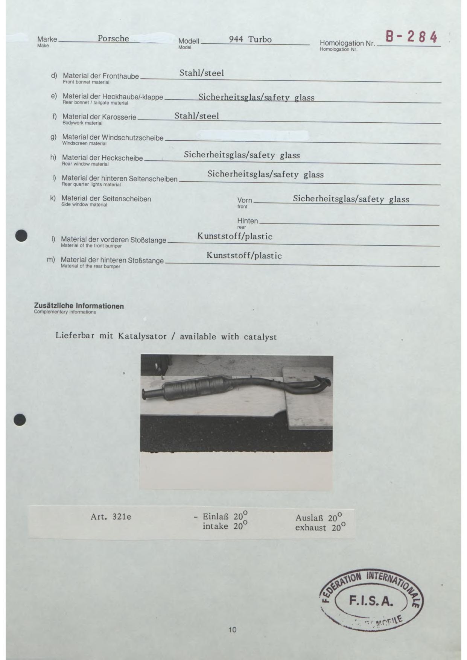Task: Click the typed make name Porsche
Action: pyautogui.click(x=113, y=38)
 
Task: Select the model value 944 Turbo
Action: pyautogui.click(x=250, y=39)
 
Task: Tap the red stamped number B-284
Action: pyautogui.click(x=411, y=37)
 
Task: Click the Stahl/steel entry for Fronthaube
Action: pyautogui.click(x=201, y=73)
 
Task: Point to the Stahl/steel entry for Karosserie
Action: pyautogui.click(x=196, y=116)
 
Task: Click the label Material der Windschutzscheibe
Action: pyautogui.click(x=113, y=138)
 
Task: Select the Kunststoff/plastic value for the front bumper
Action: pyautogui.click(x=235, y=236)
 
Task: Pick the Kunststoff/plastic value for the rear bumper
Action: pyautogui.click(x=244, y=256)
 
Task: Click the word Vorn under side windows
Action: pyautogui.click(x=245, y=200)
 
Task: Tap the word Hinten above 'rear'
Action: pyautogui.click(x=248, y=221)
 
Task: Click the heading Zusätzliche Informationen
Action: pyautogui.click(x=79, y=306)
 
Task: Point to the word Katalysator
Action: pyautogui.click(x=142, y=336)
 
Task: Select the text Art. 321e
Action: pyautogui.click(x=111, y=517)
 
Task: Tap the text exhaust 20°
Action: pyautogui.click(x=320, y=528)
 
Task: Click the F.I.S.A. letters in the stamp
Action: pyautogui.click(x=371, y=601)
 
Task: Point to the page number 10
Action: pyautogui.click(x=233, y=630)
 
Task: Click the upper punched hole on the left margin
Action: pyautogui.click(x=21, y=236)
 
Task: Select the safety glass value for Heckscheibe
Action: pyautogui.click(x=242, y=155)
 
